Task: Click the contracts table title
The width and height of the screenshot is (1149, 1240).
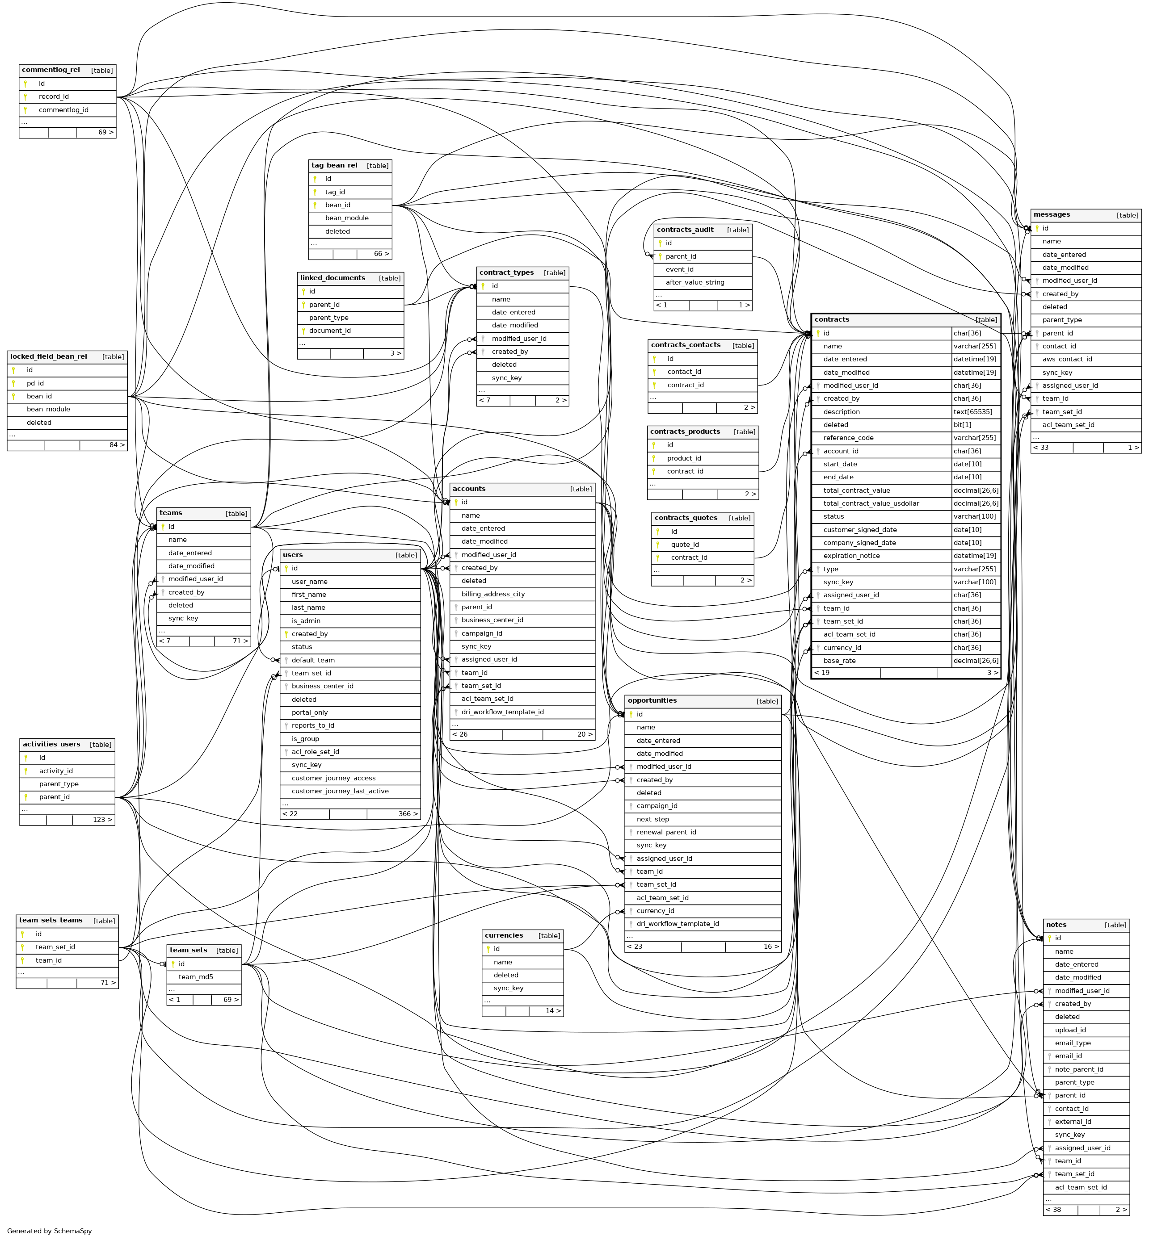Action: [831, 319]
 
